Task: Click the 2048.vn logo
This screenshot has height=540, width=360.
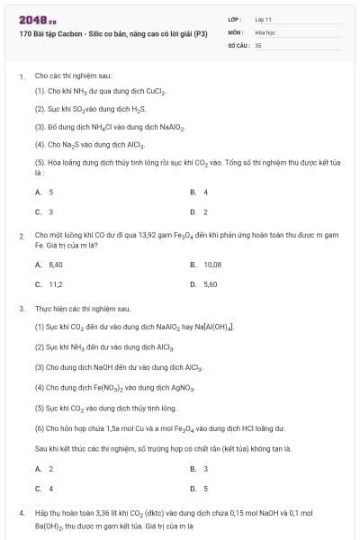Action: [x=38, y=19]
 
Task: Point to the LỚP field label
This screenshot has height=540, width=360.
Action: [x=234, y=19]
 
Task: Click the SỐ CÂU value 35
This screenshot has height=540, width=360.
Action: [x=258, y=44]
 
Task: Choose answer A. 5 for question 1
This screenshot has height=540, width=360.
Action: [x=44, y=192]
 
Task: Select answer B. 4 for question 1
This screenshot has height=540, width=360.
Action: [x=199, y=192]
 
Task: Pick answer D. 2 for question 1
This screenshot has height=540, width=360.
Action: [x=199, y=211]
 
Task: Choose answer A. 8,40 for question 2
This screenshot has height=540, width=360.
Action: [x=49, y=265]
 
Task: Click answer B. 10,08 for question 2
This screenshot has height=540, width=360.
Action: [x=206, y=265]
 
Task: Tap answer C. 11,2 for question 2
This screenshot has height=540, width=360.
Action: [x=49, y=284]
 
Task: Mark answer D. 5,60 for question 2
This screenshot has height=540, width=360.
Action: [x=203, y=284]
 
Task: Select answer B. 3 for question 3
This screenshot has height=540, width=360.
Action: [x=199, y=469]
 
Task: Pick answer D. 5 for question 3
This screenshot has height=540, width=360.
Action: [x=199, y=489]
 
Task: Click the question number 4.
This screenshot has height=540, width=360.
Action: [x=21, y=512]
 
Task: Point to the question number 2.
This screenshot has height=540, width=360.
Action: [x=21, y=235]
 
